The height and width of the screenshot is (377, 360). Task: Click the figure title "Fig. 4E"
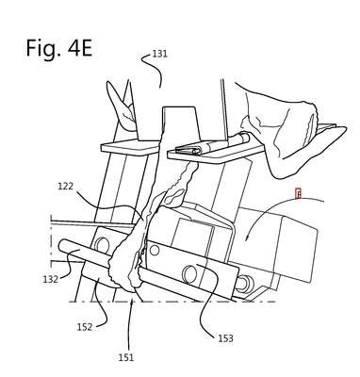point(59,48)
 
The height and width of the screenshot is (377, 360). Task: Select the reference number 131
point(160,54)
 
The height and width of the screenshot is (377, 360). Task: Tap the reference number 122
point(65,187)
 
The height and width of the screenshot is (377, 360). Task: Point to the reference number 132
point(51,279)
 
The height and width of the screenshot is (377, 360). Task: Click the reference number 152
point(85,327)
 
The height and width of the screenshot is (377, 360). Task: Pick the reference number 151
point(125,357)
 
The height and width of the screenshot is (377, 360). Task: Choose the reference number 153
point(225,338)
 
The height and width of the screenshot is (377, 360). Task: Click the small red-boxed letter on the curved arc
point(299,194)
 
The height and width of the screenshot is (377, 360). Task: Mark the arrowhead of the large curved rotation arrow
point(247,238)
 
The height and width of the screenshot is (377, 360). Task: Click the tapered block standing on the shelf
point(181,123)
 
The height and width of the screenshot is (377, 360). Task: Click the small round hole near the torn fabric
point(155,251)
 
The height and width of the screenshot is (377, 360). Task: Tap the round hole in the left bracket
point(101,244)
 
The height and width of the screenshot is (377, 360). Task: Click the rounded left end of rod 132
point(62,246)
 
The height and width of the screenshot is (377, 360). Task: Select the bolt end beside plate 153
point(243,284)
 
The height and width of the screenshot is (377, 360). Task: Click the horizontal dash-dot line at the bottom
point(172,302)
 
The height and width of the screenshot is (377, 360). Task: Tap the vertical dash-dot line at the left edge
point(51,242)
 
